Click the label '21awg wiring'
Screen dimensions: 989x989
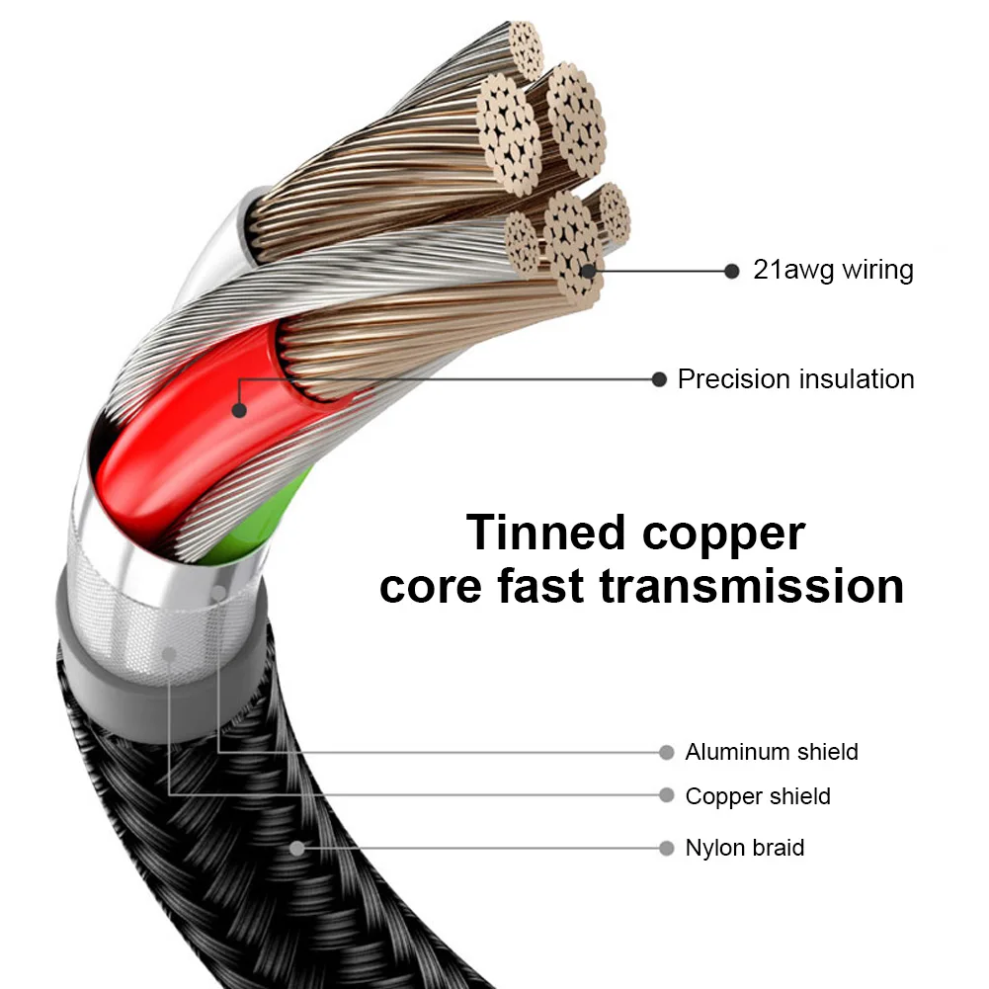tap(833, 270)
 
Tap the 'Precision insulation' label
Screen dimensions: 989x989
tap(795, 379)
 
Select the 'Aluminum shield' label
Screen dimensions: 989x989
tap(772, 752)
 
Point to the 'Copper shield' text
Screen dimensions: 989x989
tap(758, 796)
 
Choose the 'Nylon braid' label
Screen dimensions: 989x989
tap(745, 848)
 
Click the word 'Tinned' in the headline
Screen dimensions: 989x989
tap(545, 533)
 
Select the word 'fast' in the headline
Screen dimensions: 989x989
tap(539, 585)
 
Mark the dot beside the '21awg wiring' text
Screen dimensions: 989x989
tap(732, 272)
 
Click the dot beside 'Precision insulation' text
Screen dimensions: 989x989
tap(659, 379)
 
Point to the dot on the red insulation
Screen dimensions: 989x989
tap(239, 410)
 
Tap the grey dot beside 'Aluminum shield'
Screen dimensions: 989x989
tap(667, 752)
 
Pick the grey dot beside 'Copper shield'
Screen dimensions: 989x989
tap(667, 794)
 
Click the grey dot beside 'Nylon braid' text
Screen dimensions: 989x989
tap(667, 848)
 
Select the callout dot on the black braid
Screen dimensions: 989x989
tap(297, 849)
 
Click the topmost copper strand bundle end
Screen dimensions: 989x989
tap(526, 49)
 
